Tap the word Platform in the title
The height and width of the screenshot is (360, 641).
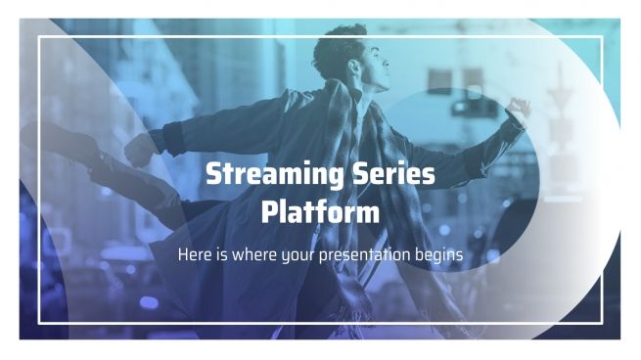[320, 210]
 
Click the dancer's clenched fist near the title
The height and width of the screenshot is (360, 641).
[140, 150]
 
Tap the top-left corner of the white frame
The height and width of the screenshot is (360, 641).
[39, 37]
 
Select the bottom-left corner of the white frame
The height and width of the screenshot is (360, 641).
[39, 322]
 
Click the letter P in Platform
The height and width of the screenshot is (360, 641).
[269, 210]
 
